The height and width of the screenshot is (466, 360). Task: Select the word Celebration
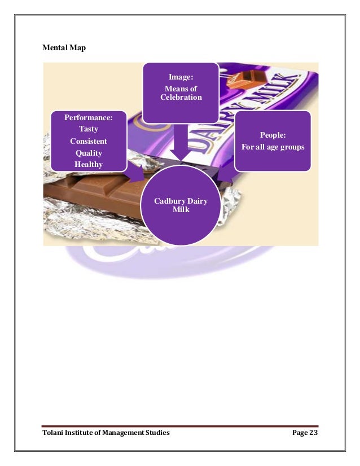[x=181, y=98]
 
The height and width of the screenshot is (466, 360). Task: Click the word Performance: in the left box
[x=88, y=118]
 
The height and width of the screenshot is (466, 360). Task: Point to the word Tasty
[x=88, y=129]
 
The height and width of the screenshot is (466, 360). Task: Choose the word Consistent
[x=88, y=141]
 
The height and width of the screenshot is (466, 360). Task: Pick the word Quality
[x=88, y=152]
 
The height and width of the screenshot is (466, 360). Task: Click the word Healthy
[x=88, y=164]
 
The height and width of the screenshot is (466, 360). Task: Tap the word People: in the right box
[x=273, y=135]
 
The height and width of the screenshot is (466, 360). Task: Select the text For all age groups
[x=273, y=147]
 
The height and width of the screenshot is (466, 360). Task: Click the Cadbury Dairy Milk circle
[x=181, y=205]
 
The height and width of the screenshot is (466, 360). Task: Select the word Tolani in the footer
[x=54, y=433]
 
